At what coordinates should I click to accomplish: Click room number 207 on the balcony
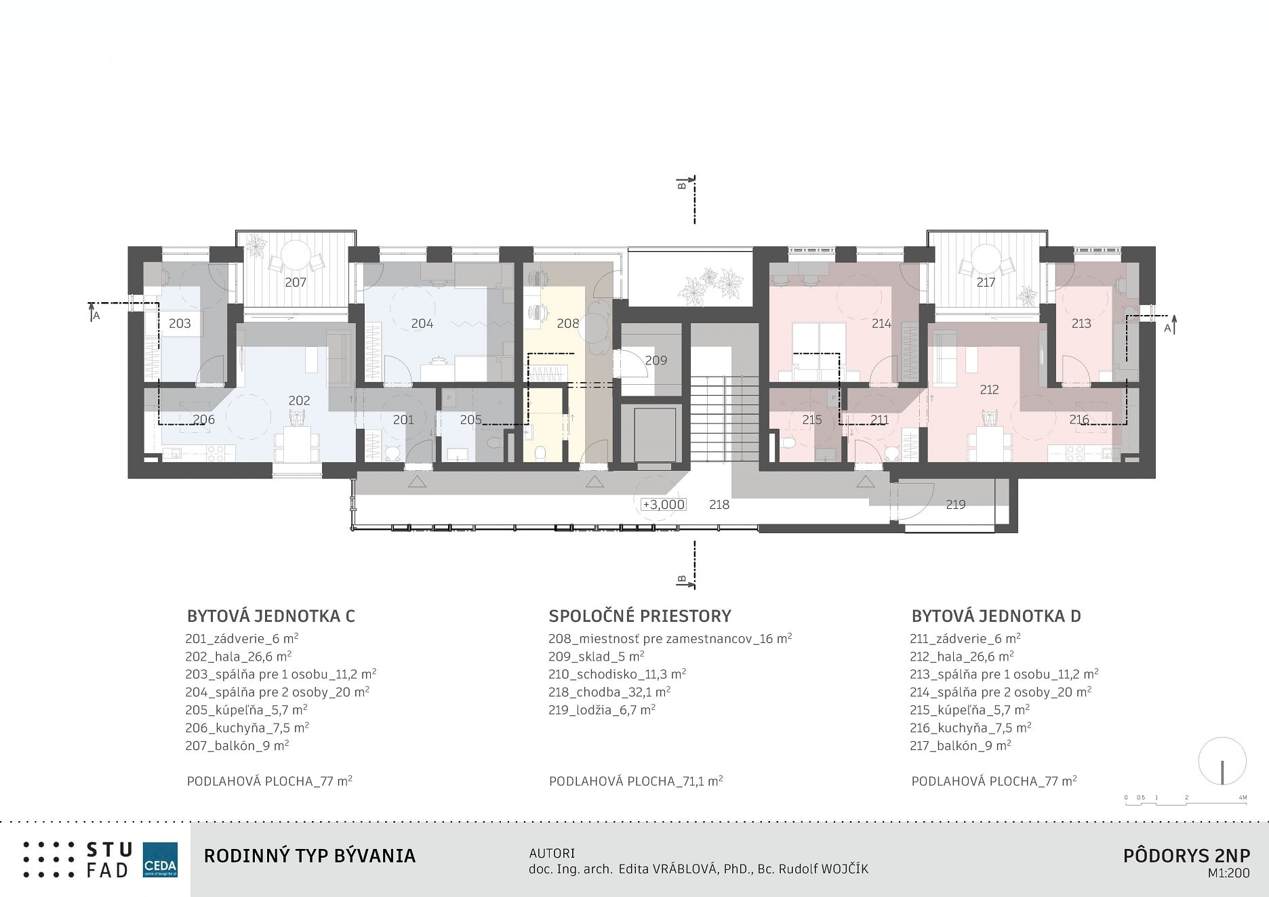tap(296, 283)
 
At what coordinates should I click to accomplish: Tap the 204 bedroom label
tap(422, 323)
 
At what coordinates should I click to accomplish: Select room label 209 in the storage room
tap(656, 360)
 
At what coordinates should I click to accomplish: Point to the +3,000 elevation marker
tap(664, 504)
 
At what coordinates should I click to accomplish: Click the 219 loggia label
tap(956, 504)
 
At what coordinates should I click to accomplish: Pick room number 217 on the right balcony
tap(986, 282)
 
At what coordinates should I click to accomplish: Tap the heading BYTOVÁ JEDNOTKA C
tap(271, 617)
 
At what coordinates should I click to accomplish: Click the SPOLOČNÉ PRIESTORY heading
tap(640, 616)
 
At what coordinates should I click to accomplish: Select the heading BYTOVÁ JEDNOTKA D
tap(996, 617)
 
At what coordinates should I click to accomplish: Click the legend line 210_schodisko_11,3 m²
tap(618, 674)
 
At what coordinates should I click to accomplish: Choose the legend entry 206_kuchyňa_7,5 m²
tap(247, 728)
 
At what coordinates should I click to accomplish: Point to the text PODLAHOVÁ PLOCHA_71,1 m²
tap(636, 781)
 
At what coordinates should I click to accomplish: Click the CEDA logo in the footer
tap(160, 860)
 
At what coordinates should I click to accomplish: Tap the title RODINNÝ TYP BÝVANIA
tap(310, 856)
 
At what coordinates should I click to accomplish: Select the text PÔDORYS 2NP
tap(1186, 856)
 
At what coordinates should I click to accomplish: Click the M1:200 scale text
tap(1228, 874)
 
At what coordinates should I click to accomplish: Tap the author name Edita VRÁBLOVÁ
tap(668, 869)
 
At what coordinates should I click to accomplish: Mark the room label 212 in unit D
tap(989, 390)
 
